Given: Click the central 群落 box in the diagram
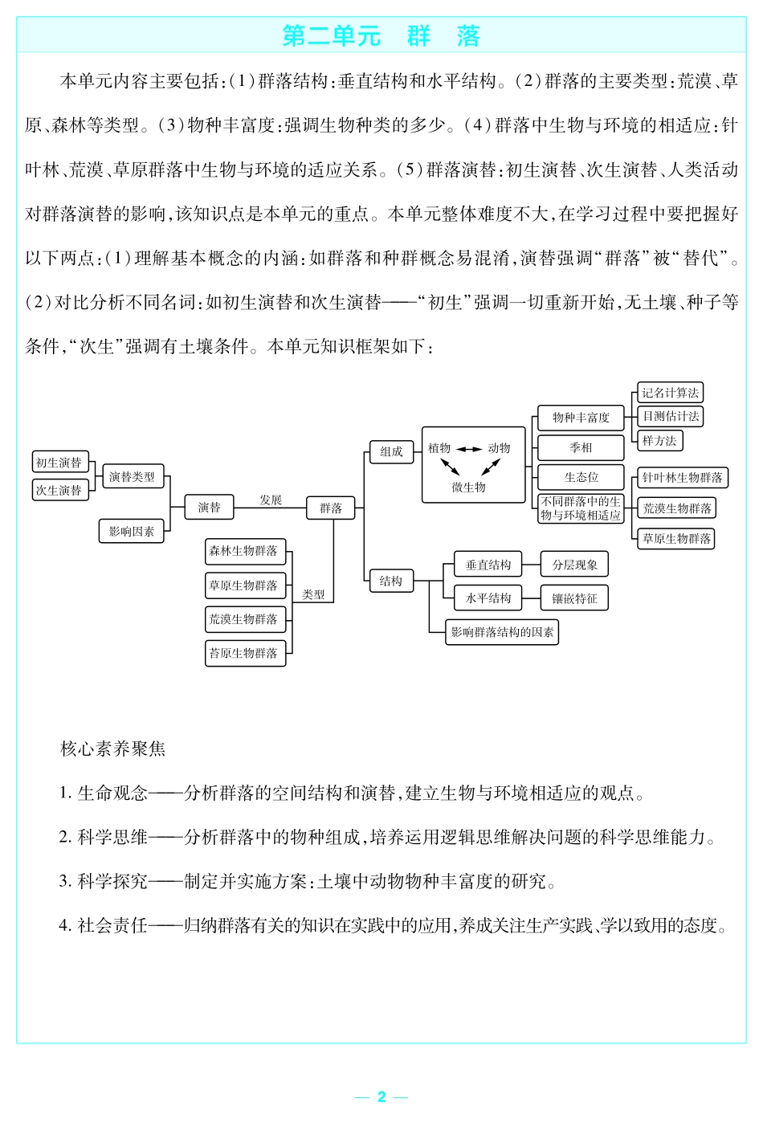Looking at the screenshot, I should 331,508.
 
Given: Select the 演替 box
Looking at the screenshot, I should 209,508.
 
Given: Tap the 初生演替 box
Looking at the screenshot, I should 59,463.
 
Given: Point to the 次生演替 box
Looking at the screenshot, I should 59,490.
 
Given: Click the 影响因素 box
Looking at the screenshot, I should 131,532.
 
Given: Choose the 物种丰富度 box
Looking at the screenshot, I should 581,418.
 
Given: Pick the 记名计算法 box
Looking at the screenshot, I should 670,393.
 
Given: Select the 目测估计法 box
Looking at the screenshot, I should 670,416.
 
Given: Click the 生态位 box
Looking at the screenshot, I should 581,477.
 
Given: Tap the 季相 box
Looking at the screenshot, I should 581,447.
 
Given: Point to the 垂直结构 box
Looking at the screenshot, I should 488,565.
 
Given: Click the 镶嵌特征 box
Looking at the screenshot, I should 574,598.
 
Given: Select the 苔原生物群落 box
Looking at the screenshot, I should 243,653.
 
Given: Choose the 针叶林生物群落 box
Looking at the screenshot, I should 682,478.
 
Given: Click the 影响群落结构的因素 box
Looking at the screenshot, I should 502,632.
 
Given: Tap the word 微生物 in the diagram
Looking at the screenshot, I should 468,488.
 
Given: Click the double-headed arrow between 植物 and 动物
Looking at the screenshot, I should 469,449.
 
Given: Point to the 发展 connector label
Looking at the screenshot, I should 271,500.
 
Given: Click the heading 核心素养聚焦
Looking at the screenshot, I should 113,749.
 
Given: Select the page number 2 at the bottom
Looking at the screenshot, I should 381,1097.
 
